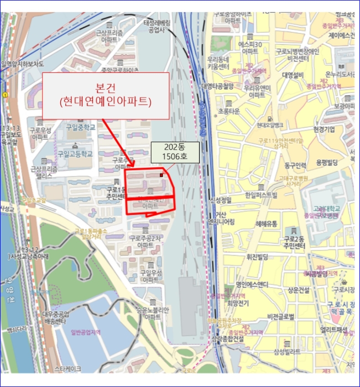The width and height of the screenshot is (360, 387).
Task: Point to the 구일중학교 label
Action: pyautogui.click(x=81, y=127)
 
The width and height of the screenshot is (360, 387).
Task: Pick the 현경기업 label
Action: pyautogui.click(x=324, y=129)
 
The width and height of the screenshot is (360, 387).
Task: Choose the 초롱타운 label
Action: pyautogui.click(x=228, y=111)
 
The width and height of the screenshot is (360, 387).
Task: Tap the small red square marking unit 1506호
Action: pyautogui.click(x=161, y=175)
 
